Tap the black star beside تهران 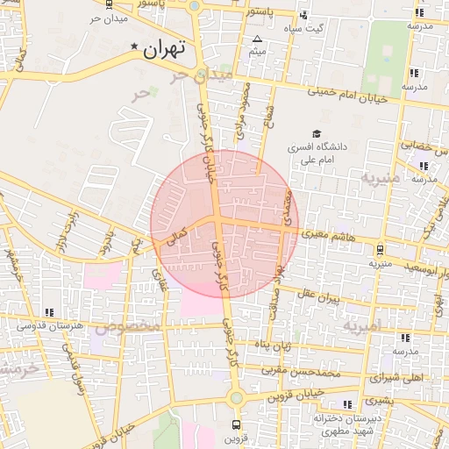(134, 46)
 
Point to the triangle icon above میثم (257, 40)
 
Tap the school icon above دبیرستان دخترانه (348, 403)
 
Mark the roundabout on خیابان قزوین (235, 398)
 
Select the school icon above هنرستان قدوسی (49, 311)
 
